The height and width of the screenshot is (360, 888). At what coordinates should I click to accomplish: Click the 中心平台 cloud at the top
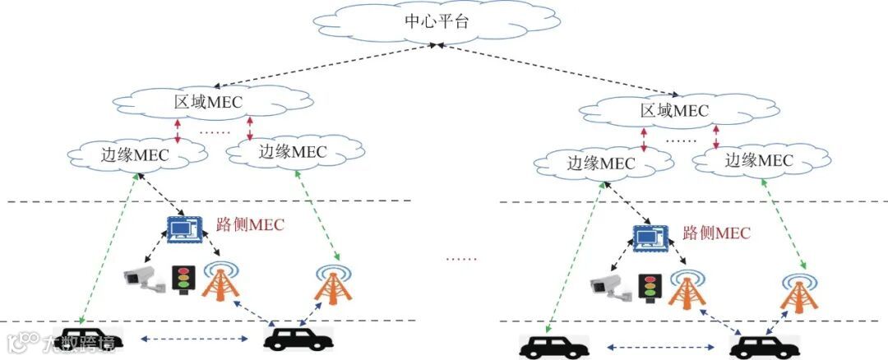click(437, 23)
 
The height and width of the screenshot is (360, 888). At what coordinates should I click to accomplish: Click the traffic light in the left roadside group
click(182, 279)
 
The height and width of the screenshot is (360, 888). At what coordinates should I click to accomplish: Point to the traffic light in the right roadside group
click(650, 285)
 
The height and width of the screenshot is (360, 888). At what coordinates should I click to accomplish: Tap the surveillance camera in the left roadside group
click(144, 279)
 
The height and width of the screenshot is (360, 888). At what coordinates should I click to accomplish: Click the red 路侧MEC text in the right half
click(716, 233)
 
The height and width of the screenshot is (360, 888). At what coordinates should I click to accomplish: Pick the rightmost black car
click(764, 346)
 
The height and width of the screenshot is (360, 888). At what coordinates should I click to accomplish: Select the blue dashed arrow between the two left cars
click(196, 337)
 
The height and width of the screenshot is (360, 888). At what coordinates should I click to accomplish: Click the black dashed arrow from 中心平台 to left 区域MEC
click(320, 66)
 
